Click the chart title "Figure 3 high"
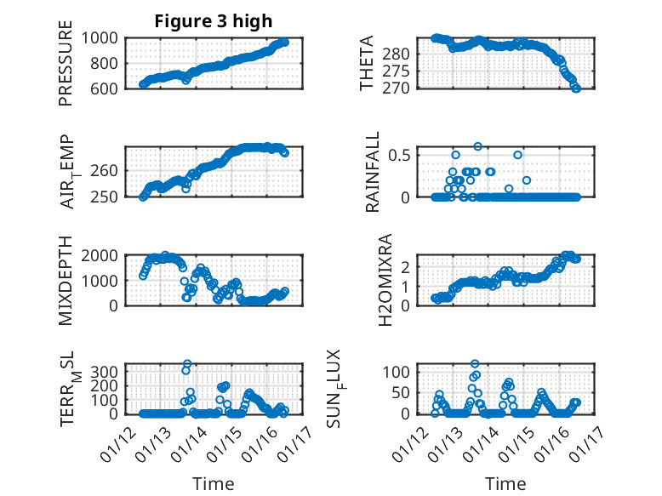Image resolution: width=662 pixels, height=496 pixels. pos(213,21)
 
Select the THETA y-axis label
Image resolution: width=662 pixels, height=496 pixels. pos(367,63)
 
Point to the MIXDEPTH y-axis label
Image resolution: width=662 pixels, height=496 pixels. pos(66,280)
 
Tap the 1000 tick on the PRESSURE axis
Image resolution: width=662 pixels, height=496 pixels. pos(105,37)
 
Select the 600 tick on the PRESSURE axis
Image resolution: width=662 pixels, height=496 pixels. pos(109,88)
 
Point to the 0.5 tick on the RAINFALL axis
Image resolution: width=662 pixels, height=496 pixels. pos(402,155)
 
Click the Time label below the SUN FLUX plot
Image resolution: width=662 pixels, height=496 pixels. pos(505,483)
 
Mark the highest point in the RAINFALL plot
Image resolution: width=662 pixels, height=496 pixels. pos(478,146)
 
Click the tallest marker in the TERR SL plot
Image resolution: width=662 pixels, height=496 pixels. pos(187,364)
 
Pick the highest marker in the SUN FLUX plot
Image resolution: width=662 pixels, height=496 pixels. pos(475,364)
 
